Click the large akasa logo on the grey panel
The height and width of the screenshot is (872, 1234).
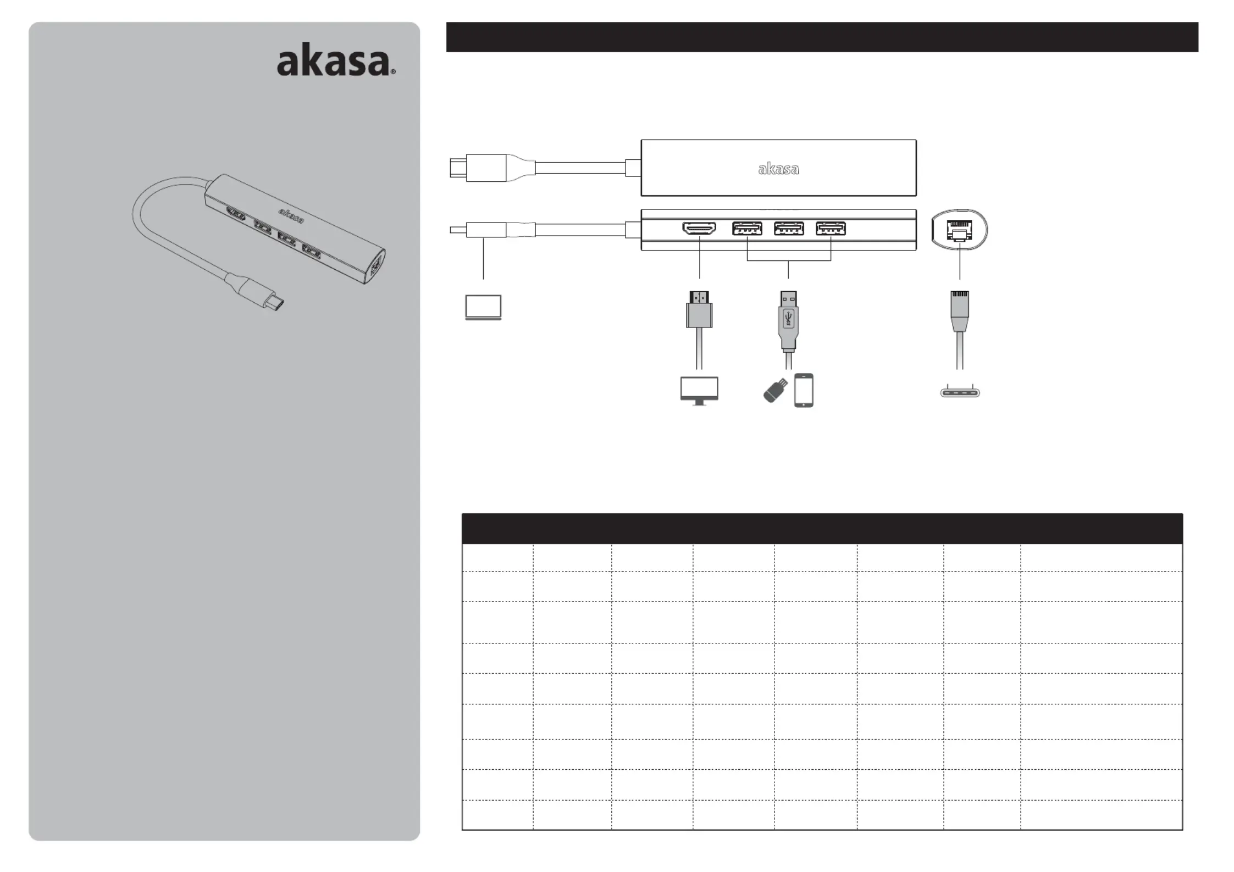(336, 63)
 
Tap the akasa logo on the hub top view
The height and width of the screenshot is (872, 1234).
(778, 169)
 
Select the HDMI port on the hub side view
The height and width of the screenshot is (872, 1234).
(699, 228)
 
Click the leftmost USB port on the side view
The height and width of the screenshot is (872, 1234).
(747, 228)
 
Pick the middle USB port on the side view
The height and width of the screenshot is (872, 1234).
(789, 228)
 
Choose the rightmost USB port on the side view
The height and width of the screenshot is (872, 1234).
(831, 228)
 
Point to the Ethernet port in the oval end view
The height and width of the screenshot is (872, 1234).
(960, 231)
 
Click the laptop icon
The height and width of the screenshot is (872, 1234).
(483, 307)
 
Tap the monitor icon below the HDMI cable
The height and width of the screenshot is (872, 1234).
(699, 391)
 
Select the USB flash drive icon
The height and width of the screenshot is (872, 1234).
(775, 390)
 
